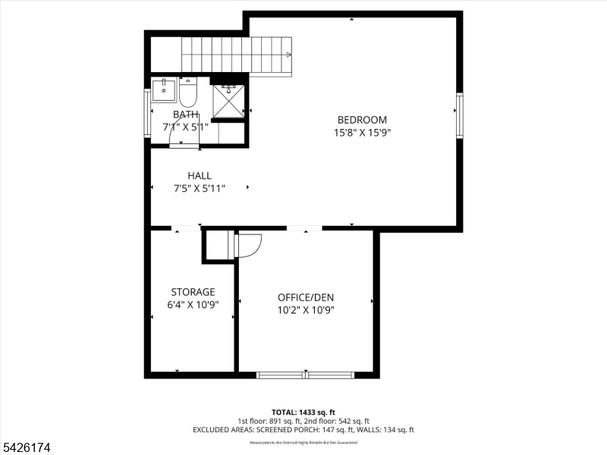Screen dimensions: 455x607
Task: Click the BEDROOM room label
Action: click(x=362, y=120)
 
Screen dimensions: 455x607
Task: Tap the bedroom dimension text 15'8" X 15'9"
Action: click(x=362, y=133)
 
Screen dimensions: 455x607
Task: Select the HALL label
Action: click(x=200, y=176)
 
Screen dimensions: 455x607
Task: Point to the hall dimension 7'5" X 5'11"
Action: click(x=200, y=189)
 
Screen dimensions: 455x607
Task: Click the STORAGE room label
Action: click(x=193, y=292)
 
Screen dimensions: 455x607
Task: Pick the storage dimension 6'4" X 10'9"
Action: click(x=193, y=305)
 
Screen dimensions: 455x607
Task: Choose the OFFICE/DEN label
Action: click(x=305, y=297)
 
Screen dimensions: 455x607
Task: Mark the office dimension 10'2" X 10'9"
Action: click(x=305, y=309)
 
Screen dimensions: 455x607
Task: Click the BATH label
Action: click(x=185, y=115)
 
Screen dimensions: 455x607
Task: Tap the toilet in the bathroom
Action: click(x=187, y=92)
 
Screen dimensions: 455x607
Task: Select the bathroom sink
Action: click(x=164, y=90)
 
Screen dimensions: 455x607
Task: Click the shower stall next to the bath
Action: click(x=228, y=101)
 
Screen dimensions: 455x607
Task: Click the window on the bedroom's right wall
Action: click(x=460, y=115)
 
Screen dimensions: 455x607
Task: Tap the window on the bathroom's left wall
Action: click(x=147, y=113)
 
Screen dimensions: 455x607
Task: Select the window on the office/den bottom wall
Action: click(x=305, y=375)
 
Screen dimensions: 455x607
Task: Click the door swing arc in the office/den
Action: click(x=250, y=245)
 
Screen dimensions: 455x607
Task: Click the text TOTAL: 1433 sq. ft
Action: click(x=303, y=412)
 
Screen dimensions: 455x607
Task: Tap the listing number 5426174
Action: click(x=27, y=448)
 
